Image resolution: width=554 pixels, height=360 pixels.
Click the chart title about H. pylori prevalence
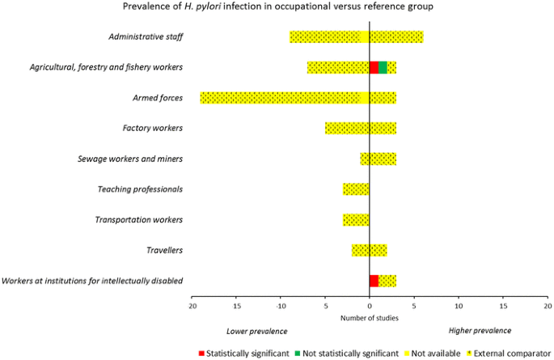[x=277, y=8]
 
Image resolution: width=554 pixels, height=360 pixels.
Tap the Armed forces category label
[x=158, y=98]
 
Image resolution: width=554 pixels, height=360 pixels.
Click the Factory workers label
[x=152, y=128]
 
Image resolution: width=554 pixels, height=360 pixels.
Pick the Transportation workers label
[x=138, y=219]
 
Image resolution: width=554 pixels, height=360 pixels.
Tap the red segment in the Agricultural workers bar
[x=374, y=67]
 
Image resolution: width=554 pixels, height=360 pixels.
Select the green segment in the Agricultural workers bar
[x=383, y=67]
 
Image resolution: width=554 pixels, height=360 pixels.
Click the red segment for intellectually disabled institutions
[x=374, y=281]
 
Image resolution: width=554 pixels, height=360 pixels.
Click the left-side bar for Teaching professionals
[x=356, y=189]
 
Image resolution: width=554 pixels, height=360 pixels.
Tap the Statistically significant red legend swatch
[x=201, y=354]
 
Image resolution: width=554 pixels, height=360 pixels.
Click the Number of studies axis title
[x=369, y=317]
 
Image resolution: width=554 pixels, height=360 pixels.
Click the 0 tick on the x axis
[x=369, y=307]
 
